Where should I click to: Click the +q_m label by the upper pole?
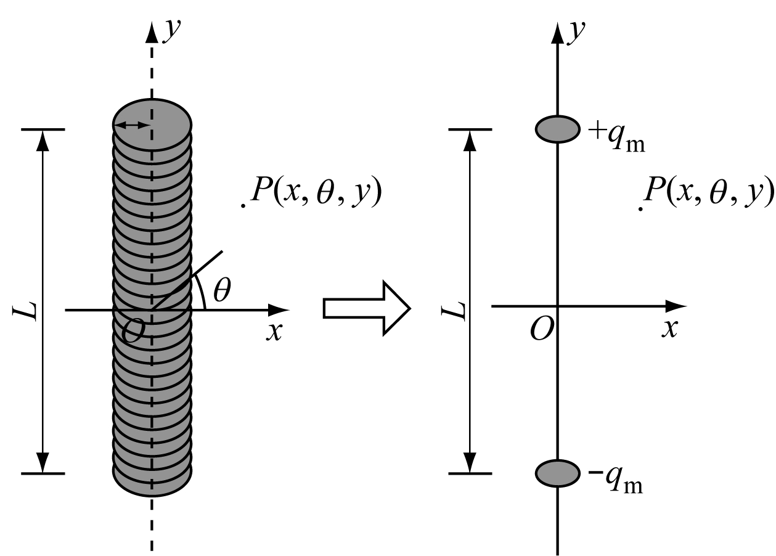pos(616,137)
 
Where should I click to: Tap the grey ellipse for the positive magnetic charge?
pos(557,129)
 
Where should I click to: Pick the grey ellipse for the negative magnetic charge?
pos(557,473)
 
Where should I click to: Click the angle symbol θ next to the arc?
pos(222,290)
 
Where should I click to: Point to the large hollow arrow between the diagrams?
pos(367,308)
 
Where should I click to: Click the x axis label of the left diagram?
pos(274,331)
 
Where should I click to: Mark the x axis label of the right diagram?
pos(670,328)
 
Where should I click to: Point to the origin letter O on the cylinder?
pos(133,331)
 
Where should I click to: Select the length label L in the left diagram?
pos(25,311)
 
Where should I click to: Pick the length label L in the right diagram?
pos(453,311)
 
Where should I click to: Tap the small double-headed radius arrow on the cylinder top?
pos(132,125)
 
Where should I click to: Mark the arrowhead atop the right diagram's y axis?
pos(557,33)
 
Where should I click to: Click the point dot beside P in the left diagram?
pos(243,206)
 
